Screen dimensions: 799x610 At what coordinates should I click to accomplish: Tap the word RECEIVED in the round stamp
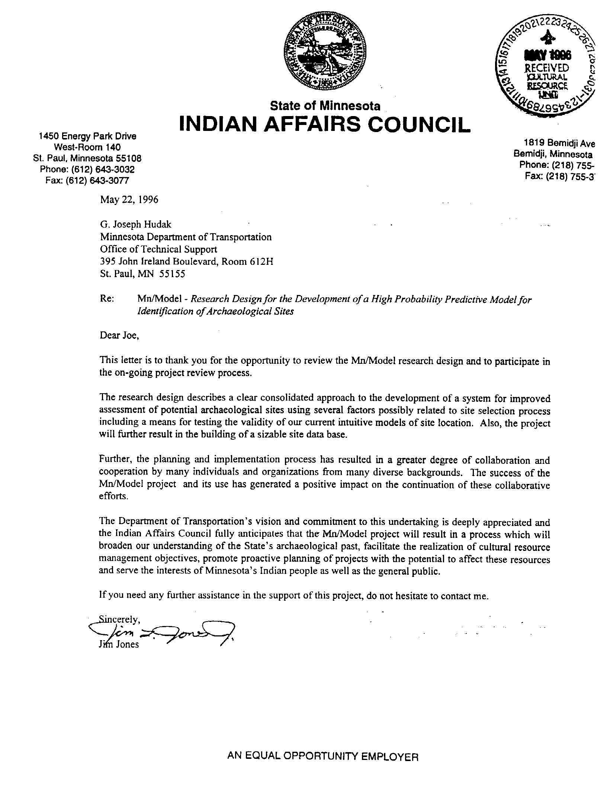click(x=546, y=68)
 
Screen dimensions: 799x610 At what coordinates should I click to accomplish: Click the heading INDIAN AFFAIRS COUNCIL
click(x=325, y=124)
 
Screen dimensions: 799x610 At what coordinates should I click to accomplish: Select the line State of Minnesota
click(x=325, y=106)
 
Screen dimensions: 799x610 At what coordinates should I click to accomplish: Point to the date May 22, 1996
click(x=129, y=200)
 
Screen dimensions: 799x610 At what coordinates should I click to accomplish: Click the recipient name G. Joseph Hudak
click(x=136, y=224)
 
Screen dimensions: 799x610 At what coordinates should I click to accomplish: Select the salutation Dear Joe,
click(x=119, y=336)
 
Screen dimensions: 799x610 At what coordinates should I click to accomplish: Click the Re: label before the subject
click(x=107, y=299)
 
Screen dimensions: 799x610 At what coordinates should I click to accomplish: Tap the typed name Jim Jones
click(x=119, y=645)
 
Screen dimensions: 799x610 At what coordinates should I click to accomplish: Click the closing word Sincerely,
click(x=119, y=620)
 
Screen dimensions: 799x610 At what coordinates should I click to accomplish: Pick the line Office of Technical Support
click(x=158, y=249)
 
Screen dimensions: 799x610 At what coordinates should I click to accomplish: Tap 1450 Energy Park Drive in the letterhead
click(x=88, y=136)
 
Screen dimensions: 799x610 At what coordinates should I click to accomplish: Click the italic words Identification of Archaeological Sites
click(x=215, y=311)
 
